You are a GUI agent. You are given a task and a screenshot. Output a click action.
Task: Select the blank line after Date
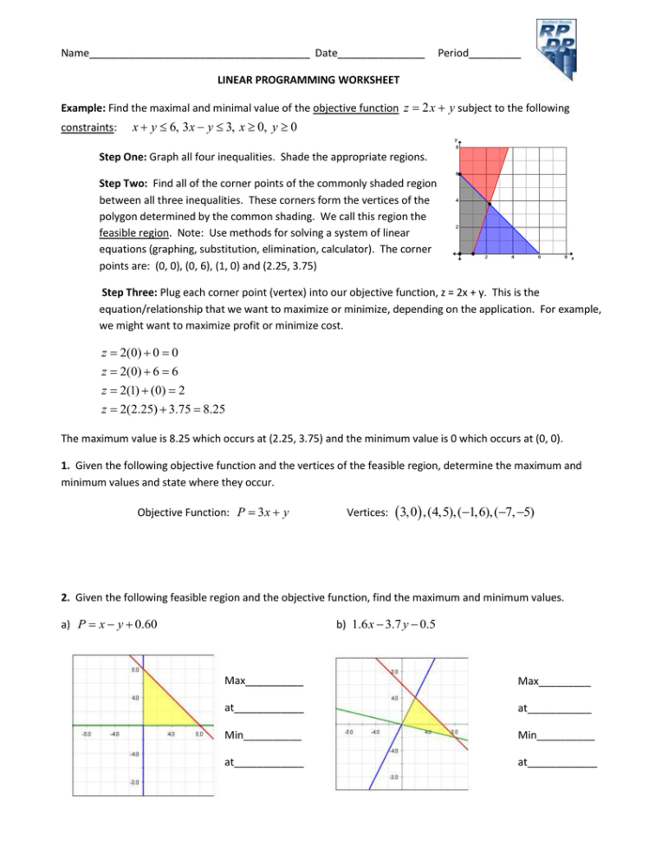(x=380, y=54)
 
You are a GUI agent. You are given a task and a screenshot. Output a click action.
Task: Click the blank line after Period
(x=494, y=54)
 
